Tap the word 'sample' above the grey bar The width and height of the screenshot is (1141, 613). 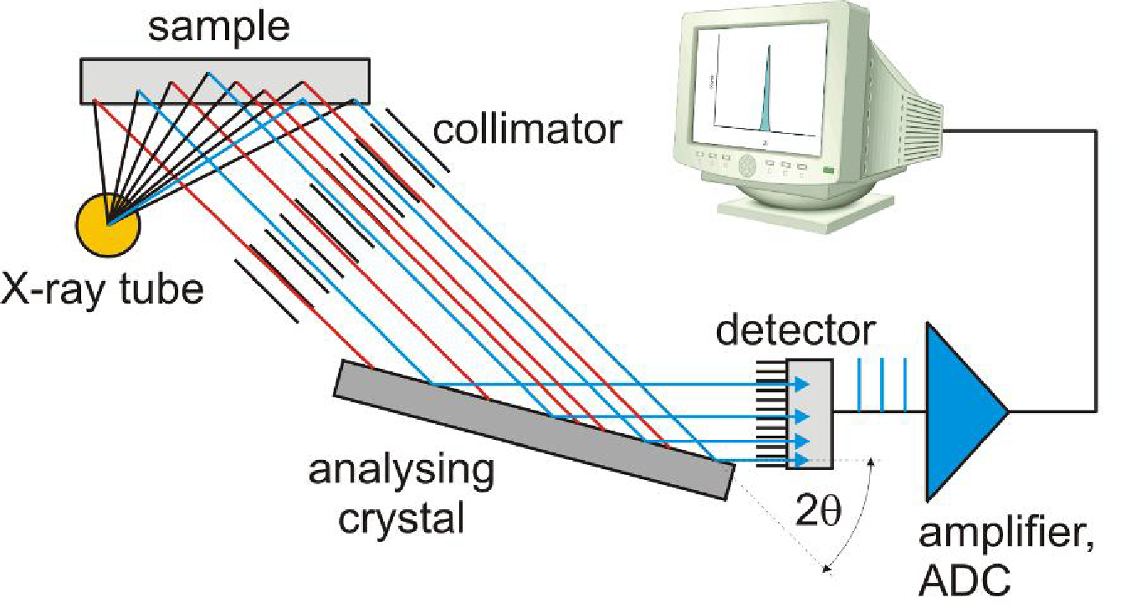coord(219,28)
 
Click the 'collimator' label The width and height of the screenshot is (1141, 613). coord(528,130)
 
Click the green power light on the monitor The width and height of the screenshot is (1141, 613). coord(827,171)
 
